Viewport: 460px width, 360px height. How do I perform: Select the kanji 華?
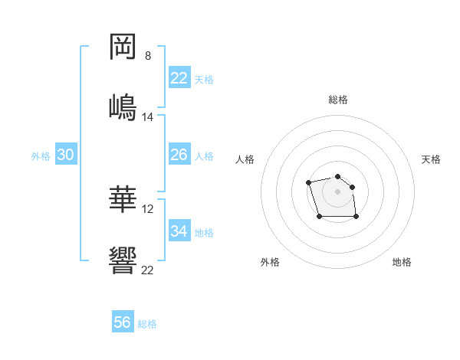[123, 199]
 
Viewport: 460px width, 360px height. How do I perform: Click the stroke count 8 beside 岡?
[148, 56]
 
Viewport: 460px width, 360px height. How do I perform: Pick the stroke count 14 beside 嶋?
[148, 117]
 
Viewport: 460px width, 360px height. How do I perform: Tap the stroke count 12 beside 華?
[148, 209]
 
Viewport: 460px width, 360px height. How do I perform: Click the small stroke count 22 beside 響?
[148, 270]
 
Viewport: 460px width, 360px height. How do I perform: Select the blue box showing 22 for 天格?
[179, 78]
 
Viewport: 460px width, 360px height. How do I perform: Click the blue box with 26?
[179, 155]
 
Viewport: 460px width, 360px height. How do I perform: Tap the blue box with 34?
[179, 231]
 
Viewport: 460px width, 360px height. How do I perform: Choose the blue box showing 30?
[66, 155]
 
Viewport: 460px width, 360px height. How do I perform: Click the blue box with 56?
[123, 322]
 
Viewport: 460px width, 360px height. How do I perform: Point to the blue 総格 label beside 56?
[147, 324]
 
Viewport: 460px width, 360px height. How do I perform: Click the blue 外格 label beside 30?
[41, 156]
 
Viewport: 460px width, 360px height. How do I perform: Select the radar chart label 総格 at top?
[338, 100]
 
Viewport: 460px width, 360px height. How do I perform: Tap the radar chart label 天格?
[432, 159]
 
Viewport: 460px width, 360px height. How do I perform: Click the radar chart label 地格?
[402, 263]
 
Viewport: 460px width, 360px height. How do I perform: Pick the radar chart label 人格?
[245, 159]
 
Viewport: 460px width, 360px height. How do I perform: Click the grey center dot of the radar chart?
[337, 191]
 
